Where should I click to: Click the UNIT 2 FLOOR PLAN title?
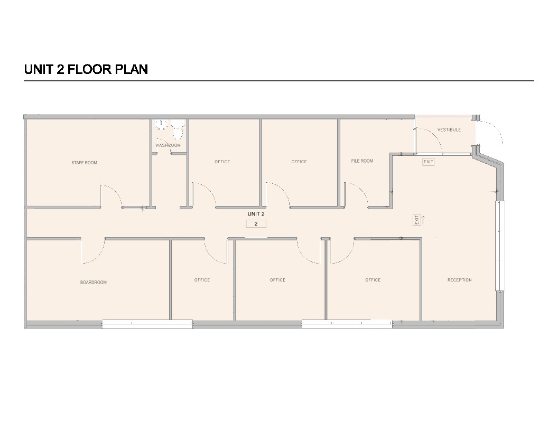click(x=86, y=69)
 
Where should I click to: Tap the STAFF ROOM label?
click(x=85, y=163)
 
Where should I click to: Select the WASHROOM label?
click(x=168, y=145)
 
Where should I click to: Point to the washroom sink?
click(x=161, y=125)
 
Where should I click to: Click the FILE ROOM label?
click(x=362, y=161)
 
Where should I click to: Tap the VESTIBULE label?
click(x=449, y=130)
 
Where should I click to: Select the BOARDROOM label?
click(x=93, y=283)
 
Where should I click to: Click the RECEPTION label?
click(x=460, y=280)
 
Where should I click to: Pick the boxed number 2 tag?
click(x=256, y=223)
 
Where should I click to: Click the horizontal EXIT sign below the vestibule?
click(x=429, y=162)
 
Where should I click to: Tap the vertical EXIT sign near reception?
click(x=417, y=220)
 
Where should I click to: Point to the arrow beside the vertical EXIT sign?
click(x=423, y=220)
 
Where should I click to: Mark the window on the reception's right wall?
click(x=500, y=246)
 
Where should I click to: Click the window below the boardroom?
click(x=147, y=324)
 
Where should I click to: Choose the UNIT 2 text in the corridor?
click(x=256, y=214)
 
